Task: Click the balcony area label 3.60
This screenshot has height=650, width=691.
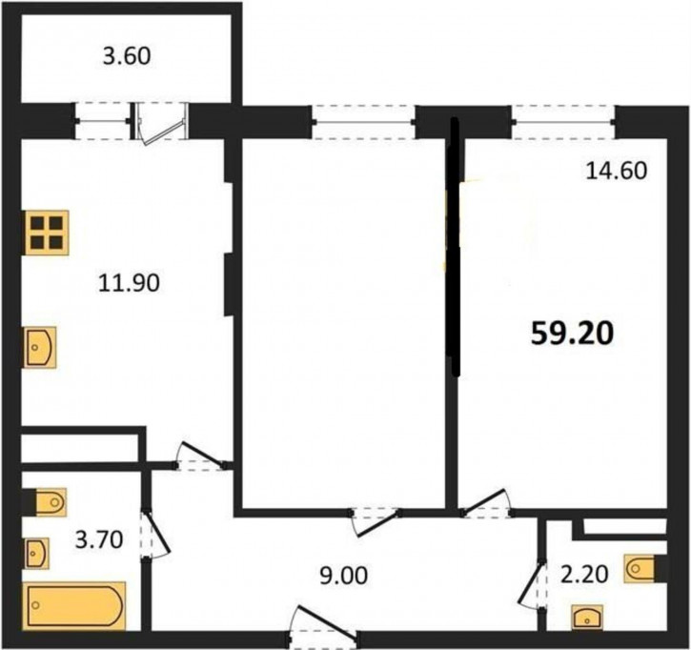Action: (127, 56)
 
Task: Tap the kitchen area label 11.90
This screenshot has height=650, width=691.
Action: (129, 282)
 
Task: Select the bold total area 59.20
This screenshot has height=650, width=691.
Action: (573, 334)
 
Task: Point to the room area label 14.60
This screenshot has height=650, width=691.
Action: (617, 171)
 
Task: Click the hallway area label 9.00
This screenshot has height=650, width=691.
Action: (344, 576)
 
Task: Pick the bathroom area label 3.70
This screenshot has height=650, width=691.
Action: (99, 539)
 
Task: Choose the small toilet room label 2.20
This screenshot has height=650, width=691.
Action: (584, 574)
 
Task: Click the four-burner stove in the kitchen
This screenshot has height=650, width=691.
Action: (47, 233)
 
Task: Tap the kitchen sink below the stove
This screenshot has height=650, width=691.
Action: (40, 348)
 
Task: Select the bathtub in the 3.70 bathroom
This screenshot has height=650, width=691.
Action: (74, 605)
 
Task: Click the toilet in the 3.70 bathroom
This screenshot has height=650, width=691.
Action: (49, 502)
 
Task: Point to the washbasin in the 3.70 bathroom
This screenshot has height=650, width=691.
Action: (36, 553)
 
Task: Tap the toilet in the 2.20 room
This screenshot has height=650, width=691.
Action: (644, 569)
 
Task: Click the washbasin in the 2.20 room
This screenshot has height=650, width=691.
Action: (587, 617)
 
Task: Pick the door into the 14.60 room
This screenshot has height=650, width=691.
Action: (486, 503)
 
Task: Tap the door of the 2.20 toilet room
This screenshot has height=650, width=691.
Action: (532, 584)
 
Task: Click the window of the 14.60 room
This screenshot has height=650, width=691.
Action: (563, 122)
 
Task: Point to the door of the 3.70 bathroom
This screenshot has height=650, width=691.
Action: (154, 535)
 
